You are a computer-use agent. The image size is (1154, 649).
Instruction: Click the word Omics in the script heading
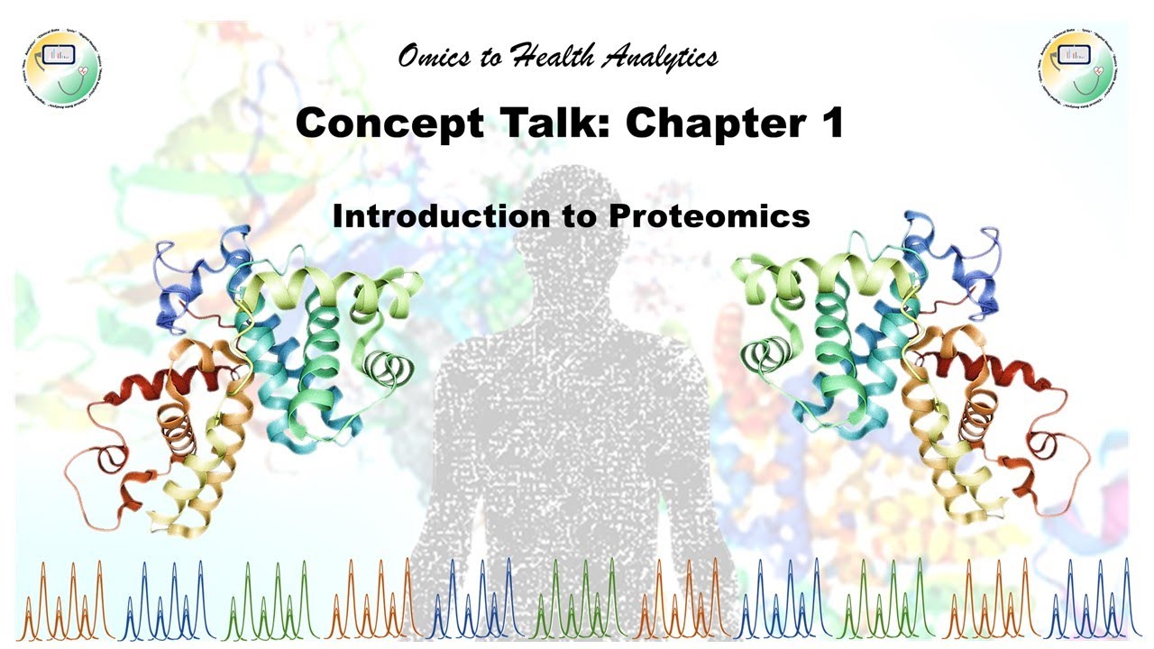(432, 58)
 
